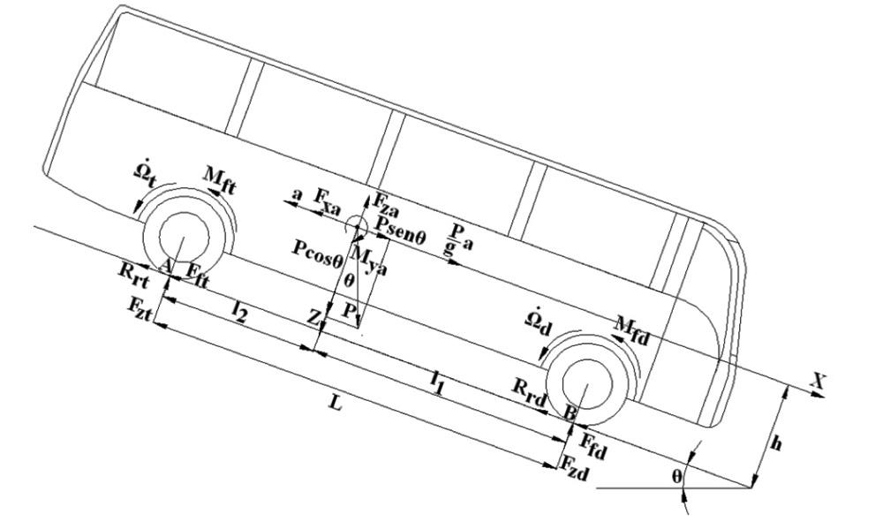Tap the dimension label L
335,403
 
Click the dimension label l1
437,379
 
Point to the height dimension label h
775,444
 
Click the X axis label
818,382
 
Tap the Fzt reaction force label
140,307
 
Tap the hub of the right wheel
585,385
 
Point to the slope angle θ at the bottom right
677,475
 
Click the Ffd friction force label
594,441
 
